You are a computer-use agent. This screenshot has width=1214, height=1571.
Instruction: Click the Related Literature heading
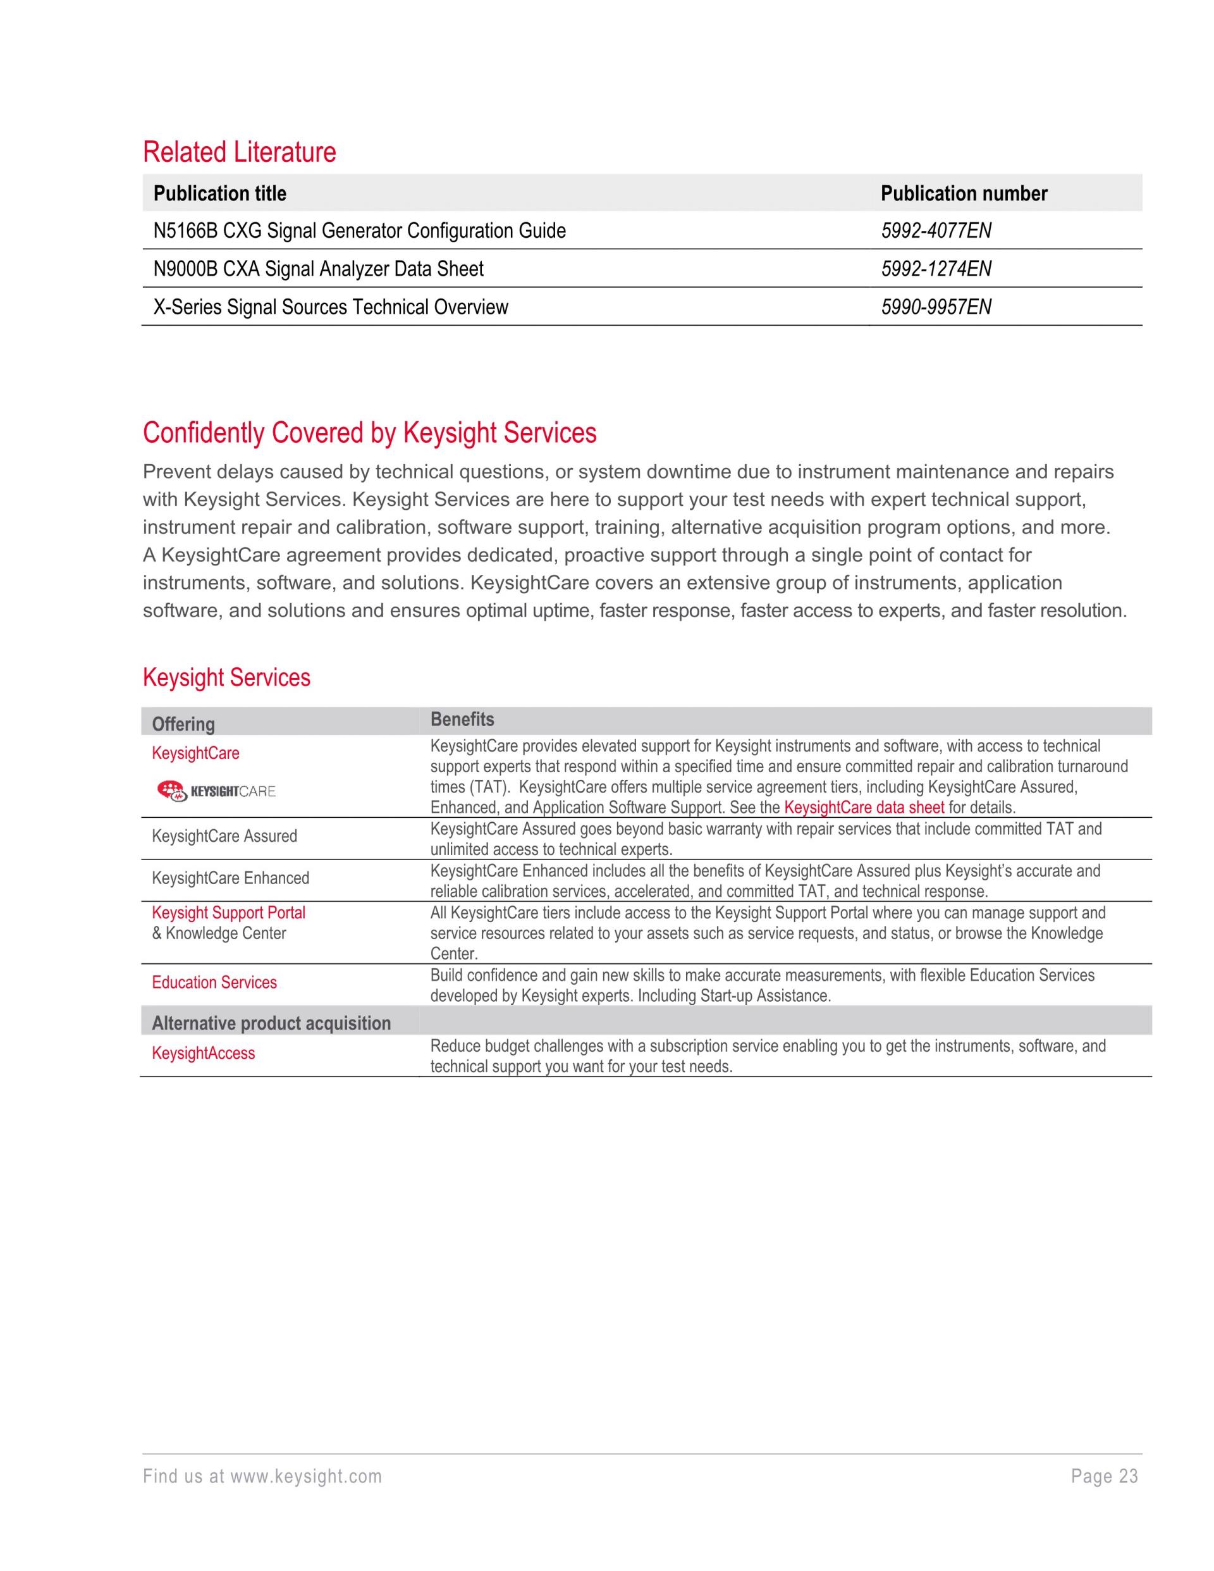(x=240, y=152)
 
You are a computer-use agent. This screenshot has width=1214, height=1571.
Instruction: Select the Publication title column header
(x=219, y=194)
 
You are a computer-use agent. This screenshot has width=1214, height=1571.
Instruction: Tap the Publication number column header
(x=964, y=194)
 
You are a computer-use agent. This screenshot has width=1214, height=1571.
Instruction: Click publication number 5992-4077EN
(x=936, y=231)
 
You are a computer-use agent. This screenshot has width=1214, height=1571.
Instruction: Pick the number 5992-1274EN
(x=936, y=269)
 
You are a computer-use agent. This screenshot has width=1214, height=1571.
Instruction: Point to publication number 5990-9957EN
(x=936, y=307)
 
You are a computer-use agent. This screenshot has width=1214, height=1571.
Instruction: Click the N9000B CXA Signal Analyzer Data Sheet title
(x=318, y=269)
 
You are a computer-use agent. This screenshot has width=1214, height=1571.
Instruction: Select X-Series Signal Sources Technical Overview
(x=330, y=307)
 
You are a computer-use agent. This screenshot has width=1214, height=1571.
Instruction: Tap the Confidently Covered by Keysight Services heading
(x=370, y=433)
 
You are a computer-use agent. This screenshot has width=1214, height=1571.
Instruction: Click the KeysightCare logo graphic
(x=216, y=791)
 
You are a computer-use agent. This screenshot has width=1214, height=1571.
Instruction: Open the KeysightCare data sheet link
(x=864, y=807)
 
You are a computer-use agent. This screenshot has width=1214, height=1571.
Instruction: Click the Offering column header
(x=183, y=724)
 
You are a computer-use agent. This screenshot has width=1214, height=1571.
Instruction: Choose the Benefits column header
(x=462, y=719)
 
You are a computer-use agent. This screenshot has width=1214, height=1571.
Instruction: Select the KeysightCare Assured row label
(x=224, y=836)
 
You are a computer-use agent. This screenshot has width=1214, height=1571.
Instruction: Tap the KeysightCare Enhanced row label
(x=230, y=878)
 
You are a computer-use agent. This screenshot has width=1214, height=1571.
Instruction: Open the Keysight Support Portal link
(x=228, y=913)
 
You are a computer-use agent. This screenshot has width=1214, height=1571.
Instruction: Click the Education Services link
(x=214, y=983)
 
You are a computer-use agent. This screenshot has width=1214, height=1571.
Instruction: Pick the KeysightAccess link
(x=204, y=1053)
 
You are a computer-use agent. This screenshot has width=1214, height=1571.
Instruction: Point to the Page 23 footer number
(x=1104, y=1476)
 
